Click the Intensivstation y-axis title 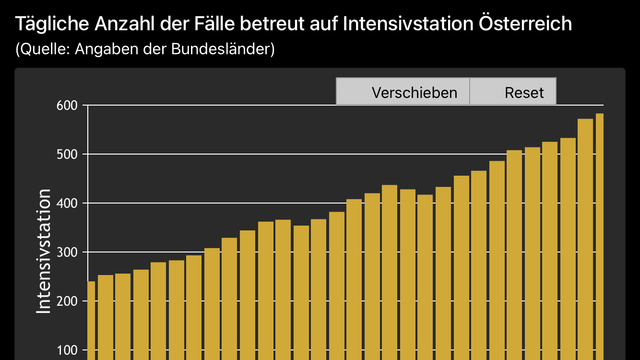click(44, 251)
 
